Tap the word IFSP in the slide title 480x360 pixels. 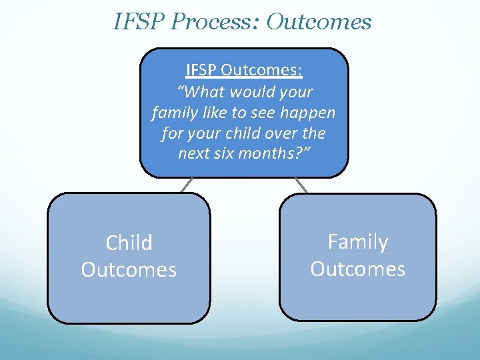pyautogui.click(x=139, y=22)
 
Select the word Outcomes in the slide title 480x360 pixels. pyautogui.click(x=318, y=22)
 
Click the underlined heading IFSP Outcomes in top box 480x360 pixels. pyautogui.click(x=243, y=69)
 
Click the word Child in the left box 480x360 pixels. pyautogui.click(x=129, y=243)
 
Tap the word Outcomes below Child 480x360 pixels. pyautogui.click(x=129, y=270)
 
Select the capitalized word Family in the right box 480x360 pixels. pyautogui.click(x=357, y=241)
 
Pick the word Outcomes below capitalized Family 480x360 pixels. pyautogui.click(x=357, y=269)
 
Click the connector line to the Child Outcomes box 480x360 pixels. pyautogui.click(x=187, y=185)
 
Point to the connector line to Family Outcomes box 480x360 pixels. pyautogui.click(x=301, y=185)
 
